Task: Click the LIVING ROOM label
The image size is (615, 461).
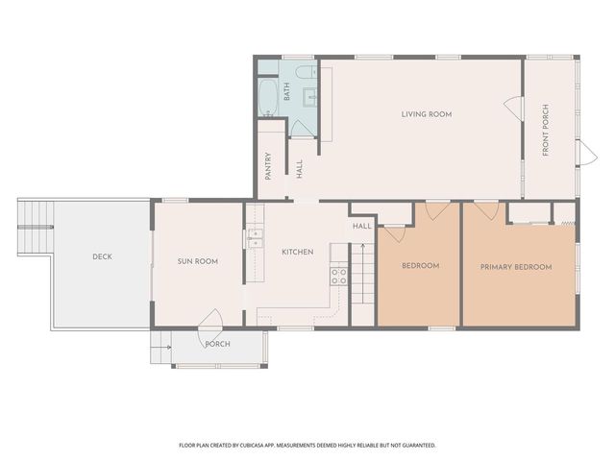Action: click(x=426, y=114)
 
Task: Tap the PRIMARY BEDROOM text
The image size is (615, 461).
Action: click(x=516, y=266)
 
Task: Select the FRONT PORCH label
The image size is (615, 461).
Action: click(x=546, y=130)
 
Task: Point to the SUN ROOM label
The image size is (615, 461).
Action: click(x=199, y=260)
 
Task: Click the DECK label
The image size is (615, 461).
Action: click(x=103, y=256)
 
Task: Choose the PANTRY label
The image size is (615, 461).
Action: click(x=267, y=166)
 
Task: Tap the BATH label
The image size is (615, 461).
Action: click(x=286, y=92)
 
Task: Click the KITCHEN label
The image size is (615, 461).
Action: click(x=297, y=252)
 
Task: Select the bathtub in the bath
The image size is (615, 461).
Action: click(x=268, y=96)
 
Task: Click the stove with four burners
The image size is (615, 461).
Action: click(x=338, y=277)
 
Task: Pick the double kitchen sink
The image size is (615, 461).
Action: click(x=256, y=238)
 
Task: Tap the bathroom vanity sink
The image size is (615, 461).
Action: click(x=311, y=94)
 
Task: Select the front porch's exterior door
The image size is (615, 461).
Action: click(x=586, y=152)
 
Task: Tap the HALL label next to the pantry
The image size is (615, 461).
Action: click(x=300, y=169)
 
